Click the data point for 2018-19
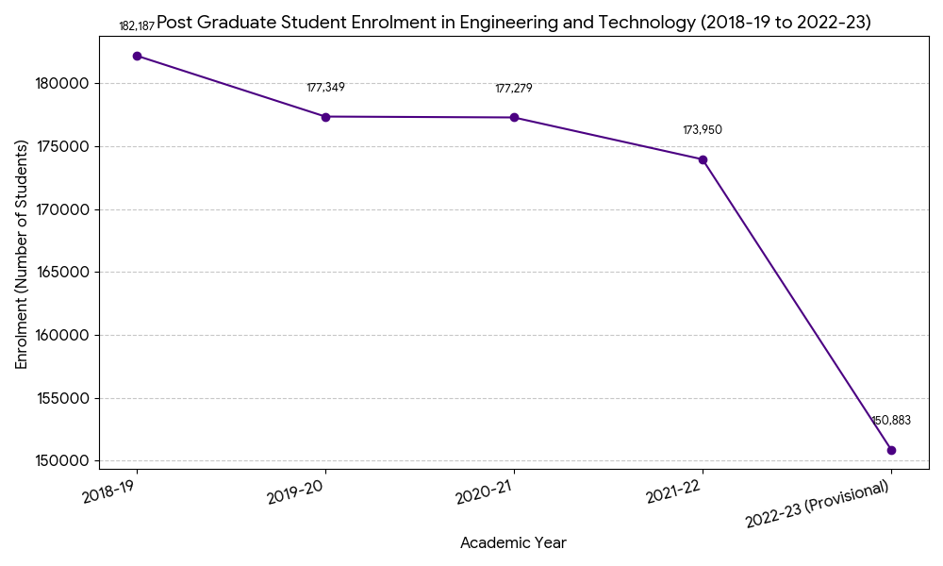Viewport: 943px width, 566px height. coord(137,56)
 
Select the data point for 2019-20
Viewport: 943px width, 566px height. coord(325,117)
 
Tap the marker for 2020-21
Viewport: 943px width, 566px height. coord(514,118)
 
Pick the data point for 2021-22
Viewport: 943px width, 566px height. coord(703,159)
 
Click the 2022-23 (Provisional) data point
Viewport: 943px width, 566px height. coord(891,450)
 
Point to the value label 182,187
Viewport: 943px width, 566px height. coord(137,26)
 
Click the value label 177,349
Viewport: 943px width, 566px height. coord(325,88)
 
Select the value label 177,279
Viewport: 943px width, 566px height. coord(514,89)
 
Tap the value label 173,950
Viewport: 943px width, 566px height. coord(703,130)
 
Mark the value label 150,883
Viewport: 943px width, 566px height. coord(891,421)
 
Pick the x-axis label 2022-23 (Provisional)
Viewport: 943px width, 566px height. coord(818,506)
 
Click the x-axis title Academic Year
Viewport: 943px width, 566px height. coord(513,543)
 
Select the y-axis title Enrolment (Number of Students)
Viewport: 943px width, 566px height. coord(22,254)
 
